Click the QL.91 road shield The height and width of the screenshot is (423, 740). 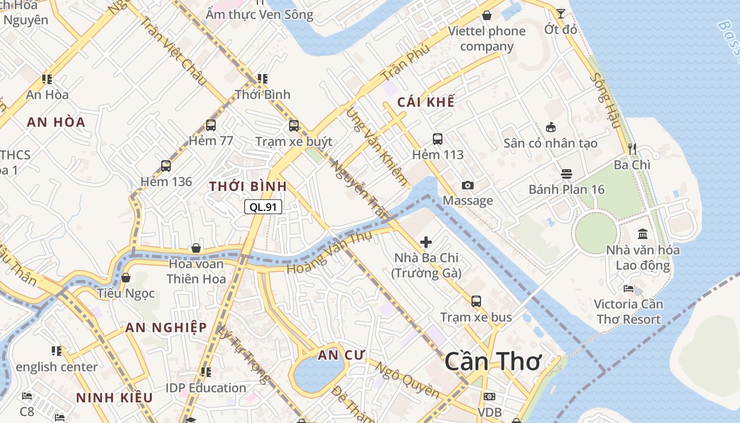263,207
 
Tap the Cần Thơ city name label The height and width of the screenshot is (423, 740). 493,362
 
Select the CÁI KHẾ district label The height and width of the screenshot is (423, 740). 425,102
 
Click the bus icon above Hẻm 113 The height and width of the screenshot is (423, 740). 438,139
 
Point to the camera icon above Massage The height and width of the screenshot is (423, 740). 467,185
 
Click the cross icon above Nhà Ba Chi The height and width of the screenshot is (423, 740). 426,242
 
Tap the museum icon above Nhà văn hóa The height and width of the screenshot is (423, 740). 643,234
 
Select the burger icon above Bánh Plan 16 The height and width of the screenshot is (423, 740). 567,174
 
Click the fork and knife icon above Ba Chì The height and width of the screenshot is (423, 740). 632,149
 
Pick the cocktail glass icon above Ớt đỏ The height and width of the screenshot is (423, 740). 560,13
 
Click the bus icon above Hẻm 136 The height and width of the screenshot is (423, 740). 166,165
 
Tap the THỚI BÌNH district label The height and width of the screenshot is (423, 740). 248,186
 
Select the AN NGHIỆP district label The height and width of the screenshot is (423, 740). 166,327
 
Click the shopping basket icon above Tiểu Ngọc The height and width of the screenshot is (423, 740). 126,278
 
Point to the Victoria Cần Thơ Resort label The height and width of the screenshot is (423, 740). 628,311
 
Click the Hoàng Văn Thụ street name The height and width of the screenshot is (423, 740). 329,253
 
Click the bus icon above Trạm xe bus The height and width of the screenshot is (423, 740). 476,301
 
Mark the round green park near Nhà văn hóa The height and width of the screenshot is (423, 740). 596,233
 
